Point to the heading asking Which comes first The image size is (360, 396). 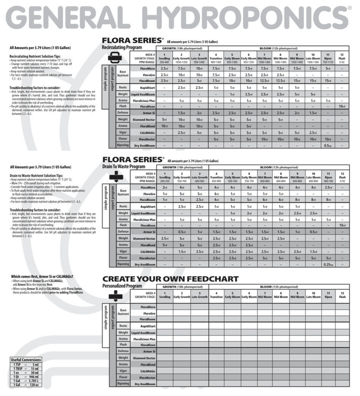pyautogui.click(x=43, y=276)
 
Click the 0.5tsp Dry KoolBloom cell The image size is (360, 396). pyautogui.click(x=327, y=145)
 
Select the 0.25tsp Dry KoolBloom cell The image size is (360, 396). pyautogui.click(x=327, y=264)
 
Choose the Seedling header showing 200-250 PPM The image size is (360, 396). pyautogui.click(x=165, y=178)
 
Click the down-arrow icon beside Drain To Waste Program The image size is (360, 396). pyautogui.click(x=113, y=178)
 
